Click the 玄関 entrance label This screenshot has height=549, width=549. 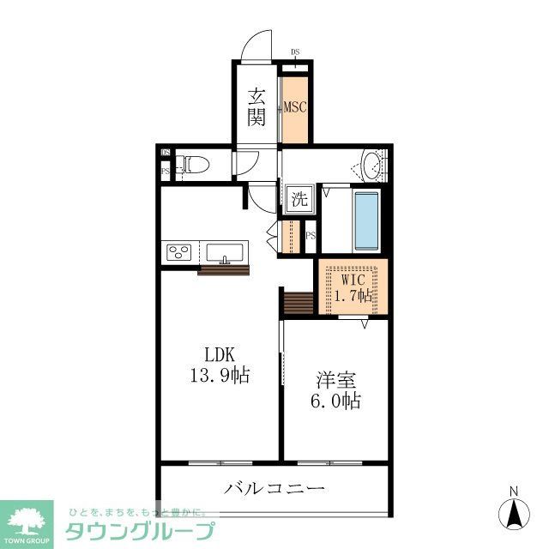256,107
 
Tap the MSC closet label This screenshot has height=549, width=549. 296,107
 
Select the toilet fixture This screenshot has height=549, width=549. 194,164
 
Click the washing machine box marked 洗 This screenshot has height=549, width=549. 298,201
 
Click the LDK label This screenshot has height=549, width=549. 219,355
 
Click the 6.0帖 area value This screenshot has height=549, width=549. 335,401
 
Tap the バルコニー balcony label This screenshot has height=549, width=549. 275,489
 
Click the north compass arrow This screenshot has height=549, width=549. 515,514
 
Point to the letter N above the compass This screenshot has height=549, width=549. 514,492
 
